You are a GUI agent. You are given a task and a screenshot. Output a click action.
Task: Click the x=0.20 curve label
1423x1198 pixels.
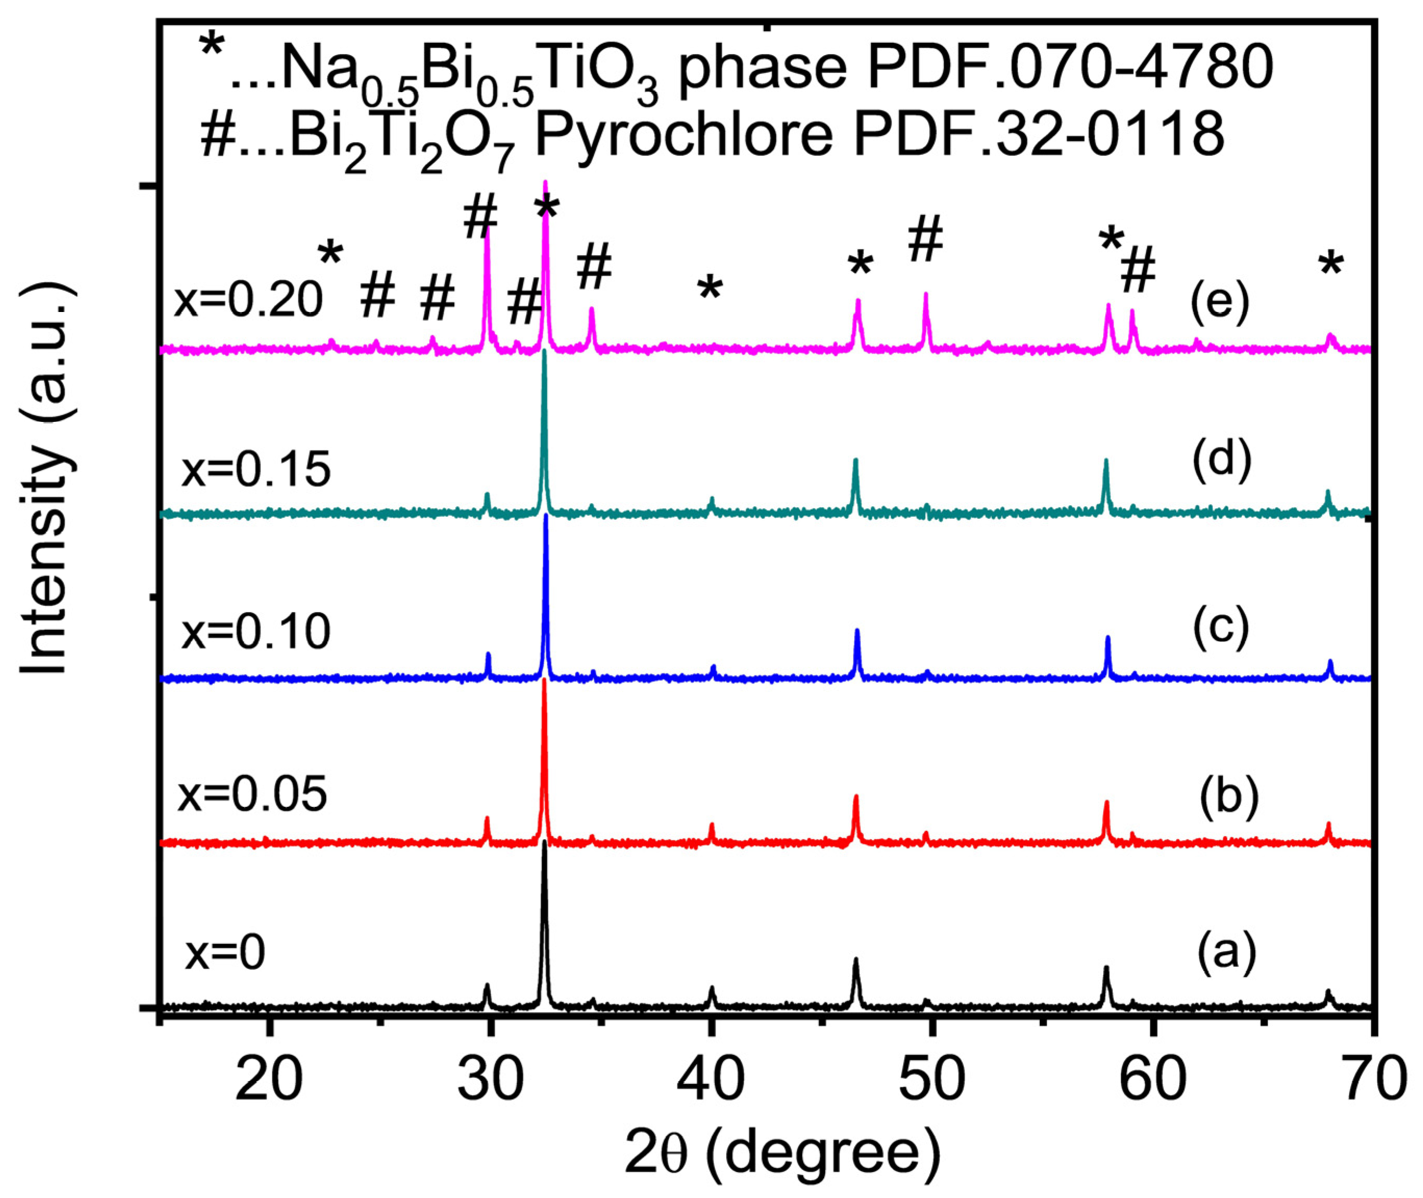pyautogui.click(x=248, y=299)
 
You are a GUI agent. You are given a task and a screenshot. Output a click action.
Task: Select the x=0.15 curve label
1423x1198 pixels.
pyautogui.click(x=256, y=469)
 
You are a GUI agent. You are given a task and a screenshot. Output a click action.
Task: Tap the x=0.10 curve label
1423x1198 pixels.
pyautogui.click(x=256, y=632)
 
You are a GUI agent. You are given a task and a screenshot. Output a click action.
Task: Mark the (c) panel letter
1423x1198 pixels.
pyautogui.click(x=1220, y=628)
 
